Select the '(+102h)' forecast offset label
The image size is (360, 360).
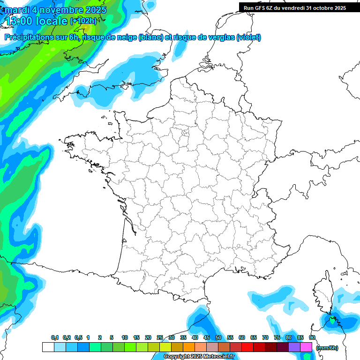click(x=83, y=21)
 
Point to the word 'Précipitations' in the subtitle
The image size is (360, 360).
click(x=29, y=37)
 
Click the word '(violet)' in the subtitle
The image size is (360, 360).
click(x=248, y=37)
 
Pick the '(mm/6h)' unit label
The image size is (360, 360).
click(x=327, y=348)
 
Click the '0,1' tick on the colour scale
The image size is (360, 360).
click(x=54, y=338)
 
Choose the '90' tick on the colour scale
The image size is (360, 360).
click(x=312, y=338)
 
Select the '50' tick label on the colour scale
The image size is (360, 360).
click(x=218, y=338)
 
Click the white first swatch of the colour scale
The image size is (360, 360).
click(x=48, y=347)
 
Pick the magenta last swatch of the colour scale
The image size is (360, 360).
click(x=306, y=347)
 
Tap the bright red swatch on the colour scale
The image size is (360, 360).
click(x=247, y=347)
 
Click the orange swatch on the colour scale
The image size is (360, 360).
click(x=188, y=347)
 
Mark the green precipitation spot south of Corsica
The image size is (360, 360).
click(x=332, y=321)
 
